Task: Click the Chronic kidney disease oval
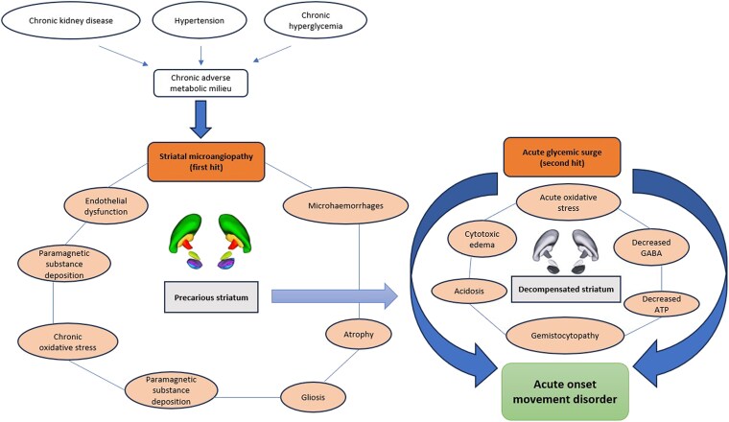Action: [71, 21]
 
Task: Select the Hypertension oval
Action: [199, 21]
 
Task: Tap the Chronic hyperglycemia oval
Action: [316, 21]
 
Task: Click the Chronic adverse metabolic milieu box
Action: [200, 83]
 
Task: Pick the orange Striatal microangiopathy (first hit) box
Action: [206, 162]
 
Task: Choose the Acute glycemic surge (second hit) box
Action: [562, 157]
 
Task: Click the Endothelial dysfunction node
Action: [106, 206]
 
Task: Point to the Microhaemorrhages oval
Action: [345, 205]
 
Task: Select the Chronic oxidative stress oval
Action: [68, 342]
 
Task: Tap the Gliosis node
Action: [313, 397]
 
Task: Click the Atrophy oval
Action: [359, 334]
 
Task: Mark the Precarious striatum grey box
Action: [211, 297]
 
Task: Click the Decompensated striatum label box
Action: [566, 289]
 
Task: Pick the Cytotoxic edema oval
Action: [482, 240]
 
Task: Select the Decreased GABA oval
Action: [651, 247]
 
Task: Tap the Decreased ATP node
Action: [661, 304]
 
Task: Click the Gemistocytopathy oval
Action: [565, 336]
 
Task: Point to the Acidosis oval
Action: [469, 292]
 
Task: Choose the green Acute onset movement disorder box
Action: [565, 391]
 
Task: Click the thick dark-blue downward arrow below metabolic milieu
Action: [200, 119]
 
